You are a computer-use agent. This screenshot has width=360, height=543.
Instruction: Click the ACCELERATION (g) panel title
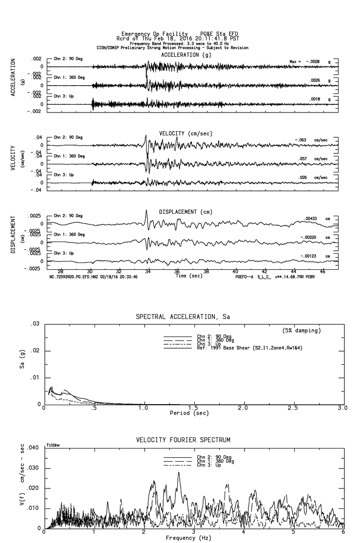[x=187, y=55]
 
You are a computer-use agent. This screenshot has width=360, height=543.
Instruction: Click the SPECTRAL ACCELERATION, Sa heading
[x=183, y=317]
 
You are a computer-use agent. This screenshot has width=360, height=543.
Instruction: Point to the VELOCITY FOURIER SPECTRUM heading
[x=183, y=440]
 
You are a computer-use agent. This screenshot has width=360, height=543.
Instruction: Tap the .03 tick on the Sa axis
[x=35, y=324]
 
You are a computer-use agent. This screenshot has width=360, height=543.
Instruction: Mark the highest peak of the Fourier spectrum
[x=178, y=472]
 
